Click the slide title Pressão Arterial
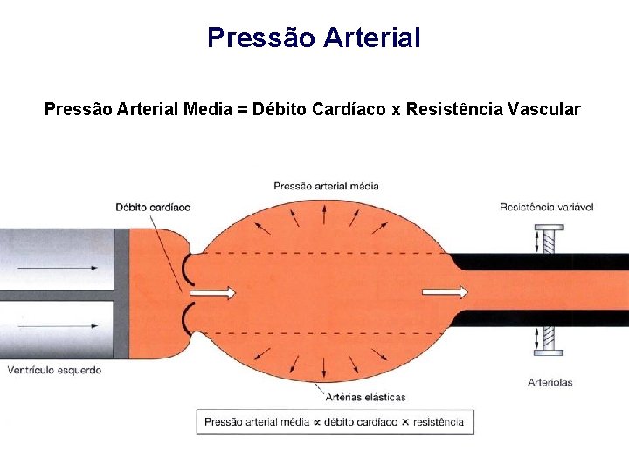click(x=314, y=38)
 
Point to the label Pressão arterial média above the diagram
click(x=326, y=186)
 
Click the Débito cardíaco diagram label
click(x=152, y=208)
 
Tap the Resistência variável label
click(x=547, y=207)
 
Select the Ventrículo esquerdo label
click(x=54, y=370)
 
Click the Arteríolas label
click(x=550, y=382)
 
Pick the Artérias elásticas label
click(x=365, y=397)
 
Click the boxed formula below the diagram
click(x=335, y=422)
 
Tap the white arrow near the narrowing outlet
click(x=446, y=292)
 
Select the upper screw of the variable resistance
click(x=550, y=238)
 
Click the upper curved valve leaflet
click(x=186, y=270)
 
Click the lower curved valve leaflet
click(x=186, y=319)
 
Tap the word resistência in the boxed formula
click(x=438, y=422)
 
